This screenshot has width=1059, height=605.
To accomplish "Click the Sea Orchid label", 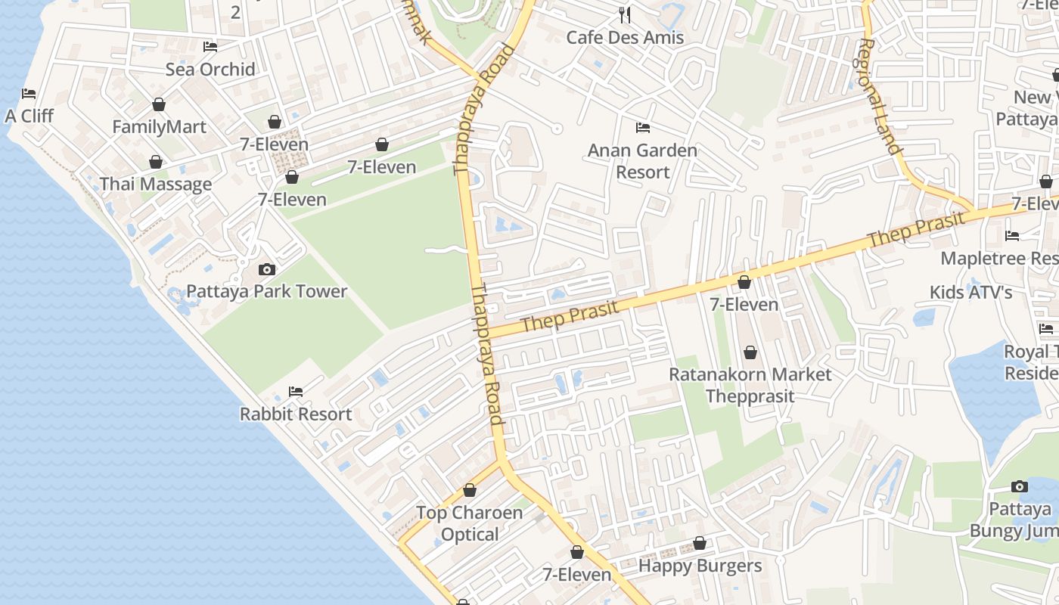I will pos(210,70).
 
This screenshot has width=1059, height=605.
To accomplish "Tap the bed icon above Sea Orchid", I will pos(210,47).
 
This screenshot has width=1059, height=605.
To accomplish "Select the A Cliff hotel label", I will pos(30,116).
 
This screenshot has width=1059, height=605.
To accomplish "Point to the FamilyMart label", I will pos(159,126).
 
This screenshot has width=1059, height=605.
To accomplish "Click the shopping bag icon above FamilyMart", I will pos(159,104).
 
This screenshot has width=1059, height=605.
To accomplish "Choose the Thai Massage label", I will pos(156,185).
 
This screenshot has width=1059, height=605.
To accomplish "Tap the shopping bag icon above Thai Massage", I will pos(156,162).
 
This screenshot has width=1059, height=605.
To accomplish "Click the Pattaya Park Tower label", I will pos(267,291).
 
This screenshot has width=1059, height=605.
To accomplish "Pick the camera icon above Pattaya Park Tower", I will pos(266,269).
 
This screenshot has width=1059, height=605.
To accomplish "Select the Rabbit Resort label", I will pos(296,414).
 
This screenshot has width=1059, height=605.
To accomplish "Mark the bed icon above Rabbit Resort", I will pos(296,392).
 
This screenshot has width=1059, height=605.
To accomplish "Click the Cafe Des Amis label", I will pos(625,37).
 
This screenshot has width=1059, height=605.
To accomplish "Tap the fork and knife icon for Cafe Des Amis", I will pos(625,14).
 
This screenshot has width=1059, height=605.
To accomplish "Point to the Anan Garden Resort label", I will pos(642,161).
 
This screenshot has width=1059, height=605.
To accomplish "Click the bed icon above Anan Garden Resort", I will pos(643,127).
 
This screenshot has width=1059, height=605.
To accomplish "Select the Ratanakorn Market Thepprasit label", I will pos(750,385).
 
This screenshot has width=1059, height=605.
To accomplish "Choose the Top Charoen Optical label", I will pos(469,523).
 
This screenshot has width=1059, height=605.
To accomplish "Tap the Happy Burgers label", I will pos(700,566).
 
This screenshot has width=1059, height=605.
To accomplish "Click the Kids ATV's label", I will pos(970,292).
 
